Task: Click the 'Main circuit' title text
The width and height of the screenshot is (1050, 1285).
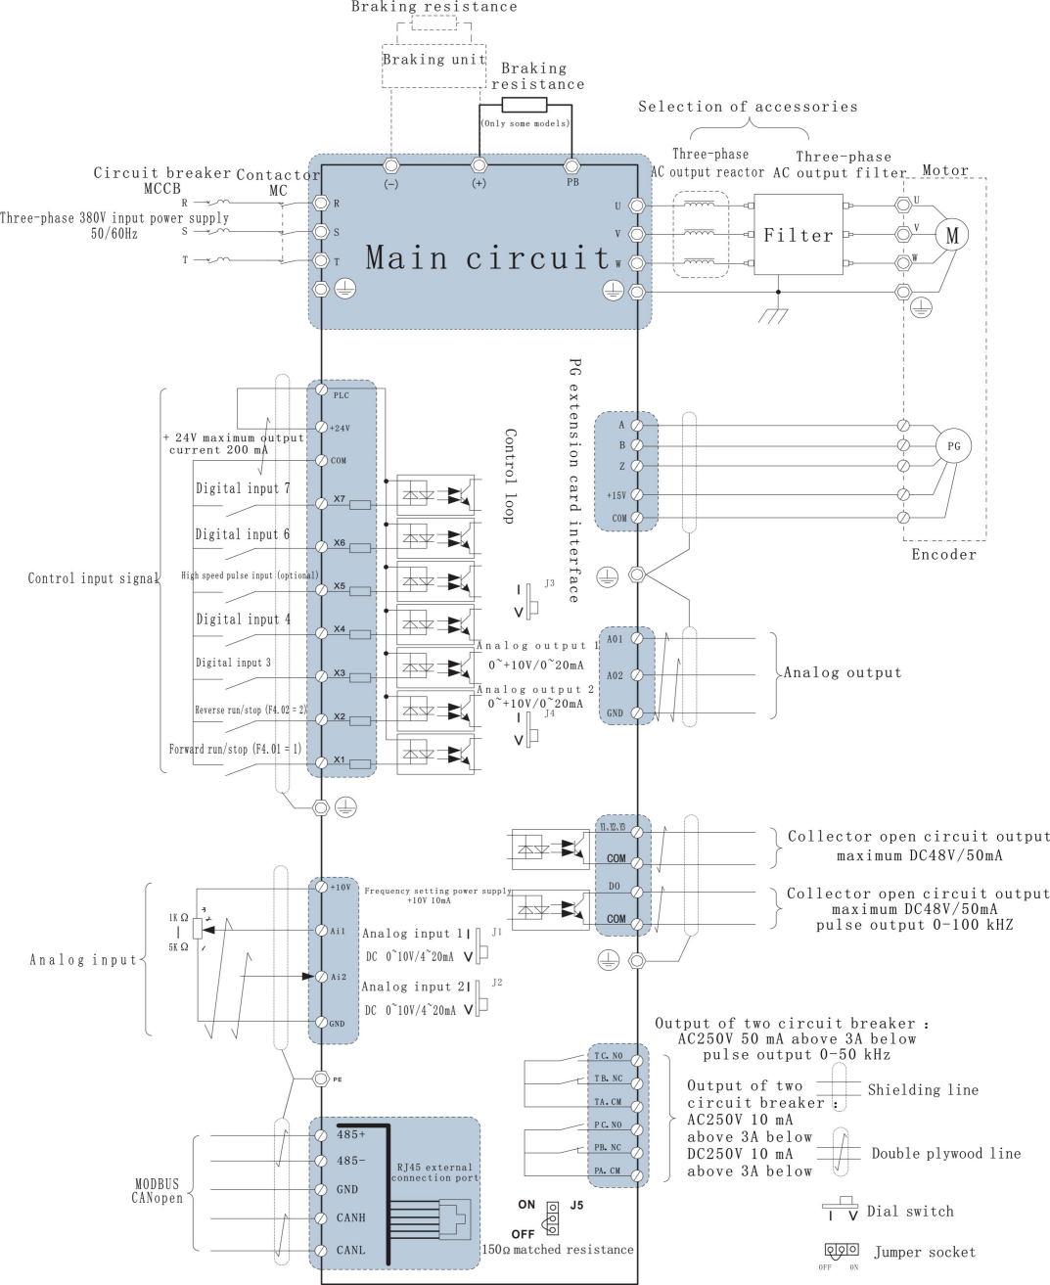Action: coord(488,257)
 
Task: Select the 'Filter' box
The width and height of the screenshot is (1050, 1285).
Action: coord(798,235)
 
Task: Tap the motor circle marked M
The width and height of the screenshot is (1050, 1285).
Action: coord(951,235)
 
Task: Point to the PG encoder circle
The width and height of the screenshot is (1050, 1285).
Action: coord(953,446)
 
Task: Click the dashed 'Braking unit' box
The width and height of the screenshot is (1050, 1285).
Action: coord(434,59)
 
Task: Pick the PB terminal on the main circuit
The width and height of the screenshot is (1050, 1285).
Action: coord(572,166)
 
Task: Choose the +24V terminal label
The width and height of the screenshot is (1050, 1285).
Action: coord(340,428)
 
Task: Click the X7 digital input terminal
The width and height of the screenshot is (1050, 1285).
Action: coord(339,500)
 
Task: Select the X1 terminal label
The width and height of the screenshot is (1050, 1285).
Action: coord(339,760)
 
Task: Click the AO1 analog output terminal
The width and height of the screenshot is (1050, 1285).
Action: coord(615,639)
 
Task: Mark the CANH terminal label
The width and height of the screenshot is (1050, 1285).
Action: coord(350,1217)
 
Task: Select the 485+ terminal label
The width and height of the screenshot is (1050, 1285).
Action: coord(350,1134)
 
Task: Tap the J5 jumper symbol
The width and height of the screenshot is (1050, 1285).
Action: coord(553,1218)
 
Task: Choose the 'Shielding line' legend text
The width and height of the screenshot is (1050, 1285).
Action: coord(923,1090)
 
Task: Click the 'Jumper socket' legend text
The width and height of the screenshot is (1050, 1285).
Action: coord(925,1252)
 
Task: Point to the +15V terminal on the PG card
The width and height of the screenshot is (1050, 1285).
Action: coord(616,495)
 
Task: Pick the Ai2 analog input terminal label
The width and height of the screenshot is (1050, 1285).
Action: coord(339,977)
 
